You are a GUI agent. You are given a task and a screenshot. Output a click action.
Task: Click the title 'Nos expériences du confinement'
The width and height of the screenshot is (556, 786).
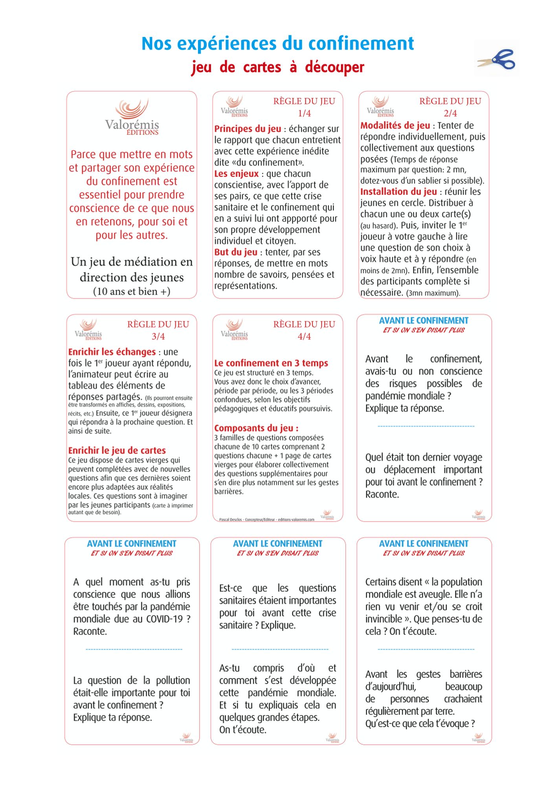277,43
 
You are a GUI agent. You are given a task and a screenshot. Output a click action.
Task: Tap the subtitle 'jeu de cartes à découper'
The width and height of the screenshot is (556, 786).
277,67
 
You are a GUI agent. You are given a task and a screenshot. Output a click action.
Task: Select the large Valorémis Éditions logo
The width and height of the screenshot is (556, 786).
132,117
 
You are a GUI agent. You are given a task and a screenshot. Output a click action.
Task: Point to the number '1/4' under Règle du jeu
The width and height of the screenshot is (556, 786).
304,113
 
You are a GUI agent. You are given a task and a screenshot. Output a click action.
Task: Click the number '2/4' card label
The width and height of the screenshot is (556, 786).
450,113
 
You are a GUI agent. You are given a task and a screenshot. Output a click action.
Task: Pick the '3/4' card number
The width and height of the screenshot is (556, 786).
158,336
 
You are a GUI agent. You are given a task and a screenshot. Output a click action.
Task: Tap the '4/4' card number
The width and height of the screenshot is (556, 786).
304,336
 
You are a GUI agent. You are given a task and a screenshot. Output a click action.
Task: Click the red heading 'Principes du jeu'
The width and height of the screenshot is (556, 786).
248,129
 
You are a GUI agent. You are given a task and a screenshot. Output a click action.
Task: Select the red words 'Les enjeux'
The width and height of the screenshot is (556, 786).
236,174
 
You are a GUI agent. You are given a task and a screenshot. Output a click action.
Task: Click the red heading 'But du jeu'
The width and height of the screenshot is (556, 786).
236,252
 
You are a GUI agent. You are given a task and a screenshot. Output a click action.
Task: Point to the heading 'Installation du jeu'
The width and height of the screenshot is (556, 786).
398,192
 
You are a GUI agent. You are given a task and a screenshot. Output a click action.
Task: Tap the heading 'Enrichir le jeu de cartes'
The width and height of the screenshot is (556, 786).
117,450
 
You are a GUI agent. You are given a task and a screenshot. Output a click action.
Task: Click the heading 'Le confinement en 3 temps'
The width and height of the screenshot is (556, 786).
271,363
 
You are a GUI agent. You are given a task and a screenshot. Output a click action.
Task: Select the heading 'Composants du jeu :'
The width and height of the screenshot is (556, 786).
256,428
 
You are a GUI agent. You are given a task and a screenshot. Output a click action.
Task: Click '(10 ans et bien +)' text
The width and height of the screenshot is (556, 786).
132,292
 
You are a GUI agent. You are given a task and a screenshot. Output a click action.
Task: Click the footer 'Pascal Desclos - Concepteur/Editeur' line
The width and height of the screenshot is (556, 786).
266,520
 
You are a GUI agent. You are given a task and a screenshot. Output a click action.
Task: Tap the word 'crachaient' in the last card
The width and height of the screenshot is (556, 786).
462,699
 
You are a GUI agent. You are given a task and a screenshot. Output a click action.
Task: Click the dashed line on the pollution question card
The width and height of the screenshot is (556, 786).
134,649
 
